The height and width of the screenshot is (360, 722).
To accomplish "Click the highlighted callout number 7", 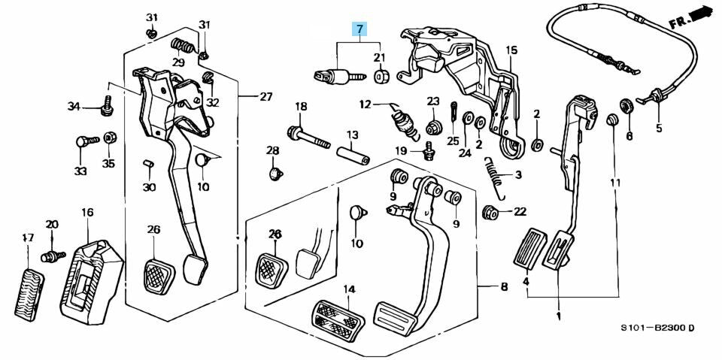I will coord(360,30).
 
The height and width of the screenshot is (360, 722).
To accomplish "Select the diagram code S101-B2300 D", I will coord(657,328).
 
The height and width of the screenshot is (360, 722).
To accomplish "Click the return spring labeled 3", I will coord(493,180).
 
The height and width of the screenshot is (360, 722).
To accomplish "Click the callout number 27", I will coord(266,96).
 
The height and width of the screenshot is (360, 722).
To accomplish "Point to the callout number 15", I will coord(511,50).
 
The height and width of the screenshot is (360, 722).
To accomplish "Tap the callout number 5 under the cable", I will coord(659,128).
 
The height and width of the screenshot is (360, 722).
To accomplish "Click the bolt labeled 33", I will coord(85,141).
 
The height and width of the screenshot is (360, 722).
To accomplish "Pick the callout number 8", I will coord(504,286).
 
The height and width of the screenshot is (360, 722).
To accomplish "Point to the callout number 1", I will coord(559,316).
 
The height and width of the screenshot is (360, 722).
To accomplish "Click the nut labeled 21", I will coord(381,77).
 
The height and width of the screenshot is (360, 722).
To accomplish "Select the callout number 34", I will coord(73,107).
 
